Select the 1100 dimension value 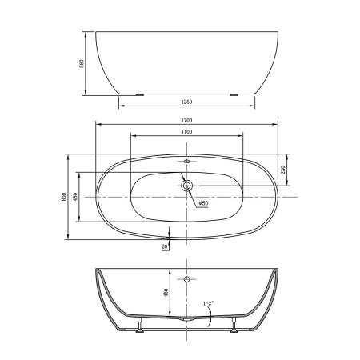tap(186, 131)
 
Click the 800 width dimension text tap(63, 197)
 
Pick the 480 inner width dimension tap(75, 197)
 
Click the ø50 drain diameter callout tap(203, 203)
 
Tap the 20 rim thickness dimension tap(165, 247)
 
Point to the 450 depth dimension tap(165, 293)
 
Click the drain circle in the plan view tap(187, 186)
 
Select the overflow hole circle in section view tap(187, 280)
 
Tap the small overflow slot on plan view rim tap(187, 162)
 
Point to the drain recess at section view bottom tap(187, 318)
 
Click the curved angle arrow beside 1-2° tap(210, 316)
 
